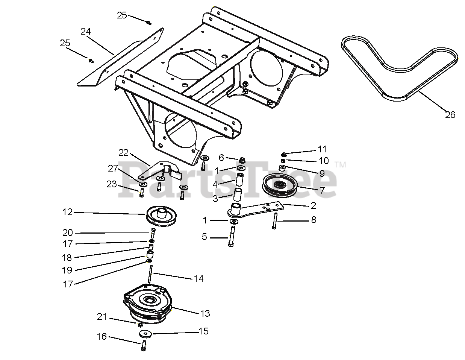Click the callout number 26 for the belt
click(450, 115)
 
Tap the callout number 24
click(86, 32)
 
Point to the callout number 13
click(205, 313)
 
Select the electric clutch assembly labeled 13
click(148, 304)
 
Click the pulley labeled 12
click(161, 216)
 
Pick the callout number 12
click(67, 212)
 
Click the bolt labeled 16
click(144, 345)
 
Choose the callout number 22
click(123, 152)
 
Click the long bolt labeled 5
click(232, 236)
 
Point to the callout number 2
click(313, 205)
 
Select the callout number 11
click(322, 149)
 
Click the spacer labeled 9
click(282, 168)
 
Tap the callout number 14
click(198, 278)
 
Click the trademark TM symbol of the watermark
click(341, 164)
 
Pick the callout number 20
click(68, 232)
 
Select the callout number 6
click(221, 158)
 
